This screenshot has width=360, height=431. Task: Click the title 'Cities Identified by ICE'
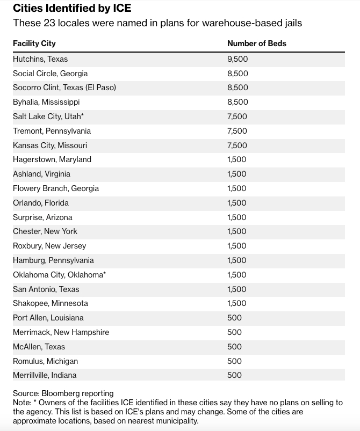click(72, 9)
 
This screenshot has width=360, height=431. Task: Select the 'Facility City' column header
click(34, 43)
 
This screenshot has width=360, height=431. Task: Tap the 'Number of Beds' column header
click(257, 43)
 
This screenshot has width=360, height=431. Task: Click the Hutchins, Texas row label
click(40, 59)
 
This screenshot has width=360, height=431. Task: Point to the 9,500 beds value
click(237, 59)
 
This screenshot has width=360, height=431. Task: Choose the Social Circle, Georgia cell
click(50, 74)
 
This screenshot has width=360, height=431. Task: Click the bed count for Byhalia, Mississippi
click(237, 102)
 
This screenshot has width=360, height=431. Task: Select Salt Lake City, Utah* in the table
click(48, 116)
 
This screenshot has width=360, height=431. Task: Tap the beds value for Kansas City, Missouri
click(237, 145)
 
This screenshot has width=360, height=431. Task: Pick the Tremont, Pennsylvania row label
click(52, 131)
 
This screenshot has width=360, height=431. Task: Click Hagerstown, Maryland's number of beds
click(237, 159)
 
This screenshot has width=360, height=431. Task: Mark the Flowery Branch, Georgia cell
click(56, 188)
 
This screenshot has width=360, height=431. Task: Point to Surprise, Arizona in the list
click(42, 217)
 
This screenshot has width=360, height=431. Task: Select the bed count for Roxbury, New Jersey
click(237, 246)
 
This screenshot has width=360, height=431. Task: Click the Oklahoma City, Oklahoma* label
click(59, 275)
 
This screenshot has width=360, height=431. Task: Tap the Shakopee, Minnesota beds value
click(237, 303)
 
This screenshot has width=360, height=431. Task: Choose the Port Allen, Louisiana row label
click(48, 318)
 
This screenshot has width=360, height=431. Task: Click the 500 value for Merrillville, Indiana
click(235, 375)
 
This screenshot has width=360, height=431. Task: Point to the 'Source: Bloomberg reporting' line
click(63, 393)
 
